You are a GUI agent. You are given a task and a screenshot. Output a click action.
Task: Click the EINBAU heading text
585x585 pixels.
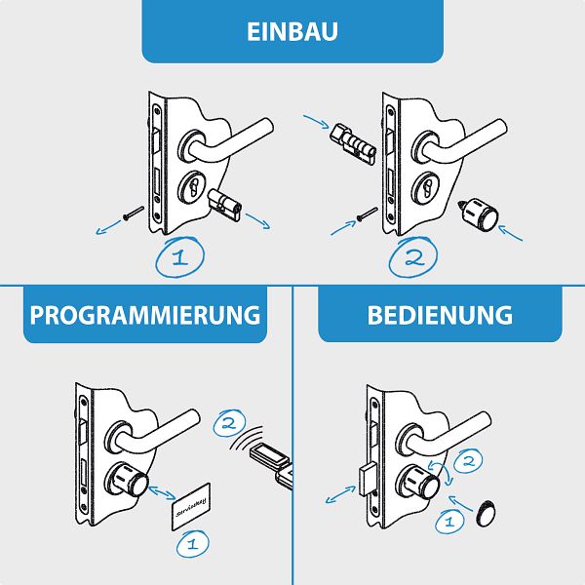(x=292, y=32)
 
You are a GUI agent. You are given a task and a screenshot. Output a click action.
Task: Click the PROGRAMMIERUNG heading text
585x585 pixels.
(x=144, y=315)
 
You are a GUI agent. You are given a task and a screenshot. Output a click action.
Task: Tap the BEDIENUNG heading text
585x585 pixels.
(x=440, y=315)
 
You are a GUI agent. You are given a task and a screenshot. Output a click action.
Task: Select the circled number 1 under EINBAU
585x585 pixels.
(x=180, y=257)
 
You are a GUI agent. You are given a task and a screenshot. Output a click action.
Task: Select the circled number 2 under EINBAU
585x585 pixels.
(x=413, y=257)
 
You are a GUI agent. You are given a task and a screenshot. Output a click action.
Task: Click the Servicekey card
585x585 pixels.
(x=191, y=506)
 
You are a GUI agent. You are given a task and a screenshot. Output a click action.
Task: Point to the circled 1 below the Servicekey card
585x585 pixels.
(x=192, y=544)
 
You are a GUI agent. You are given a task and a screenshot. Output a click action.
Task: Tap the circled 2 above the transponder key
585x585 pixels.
(x=229, y=423)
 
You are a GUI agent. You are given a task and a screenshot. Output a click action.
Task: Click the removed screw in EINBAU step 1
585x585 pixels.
(x=134, y=213)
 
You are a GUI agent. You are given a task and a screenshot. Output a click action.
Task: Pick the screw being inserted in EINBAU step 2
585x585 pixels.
(x=368, y=214)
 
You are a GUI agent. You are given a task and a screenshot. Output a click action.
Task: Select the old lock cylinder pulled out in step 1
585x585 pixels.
(x=225, y=205)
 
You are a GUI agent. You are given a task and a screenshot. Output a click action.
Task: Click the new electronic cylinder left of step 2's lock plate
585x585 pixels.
(x=353, y=143)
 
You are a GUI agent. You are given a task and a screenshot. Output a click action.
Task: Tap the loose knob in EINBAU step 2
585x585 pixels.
(x=478, y=215)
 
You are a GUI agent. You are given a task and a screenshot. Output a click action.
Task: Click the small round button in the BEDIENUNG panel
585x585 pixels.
(x=486, y=514)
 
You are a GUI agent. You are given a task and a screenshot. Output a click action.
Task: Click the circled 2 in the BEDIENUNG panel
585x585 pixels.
(x=468, y=461)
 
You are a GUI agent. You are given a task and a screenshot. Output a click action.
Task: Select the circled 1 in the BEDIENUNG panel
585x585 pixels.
(x=449, y=522)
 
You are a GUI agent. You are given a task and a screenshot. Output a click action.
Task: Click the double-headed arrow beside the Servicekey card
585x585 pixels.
(x=162, y=492)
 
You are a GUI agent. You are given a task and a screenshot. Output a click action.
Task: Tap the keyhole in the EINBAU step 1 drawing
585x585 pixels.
(x=194, y=187)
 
